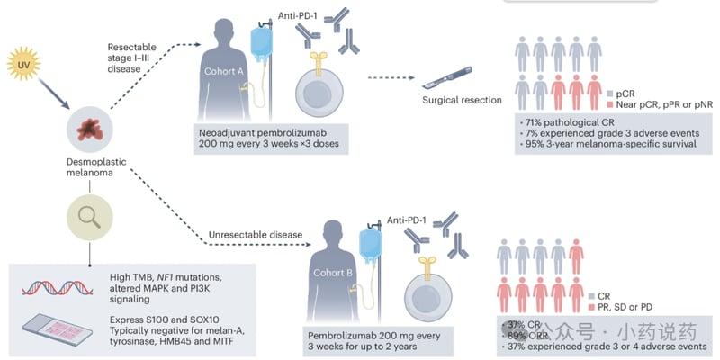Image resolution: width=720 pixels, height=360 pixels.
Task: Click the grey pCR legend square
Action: (610, 94)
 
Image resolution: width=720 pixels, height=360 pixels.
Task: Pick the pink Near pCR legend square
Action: (610, 105)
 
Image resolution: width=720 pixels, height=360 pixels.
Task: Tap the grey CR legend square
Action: (591, 297)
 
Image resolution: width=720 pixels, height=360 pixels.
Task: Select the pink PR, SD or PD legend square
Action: (591, 309)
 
